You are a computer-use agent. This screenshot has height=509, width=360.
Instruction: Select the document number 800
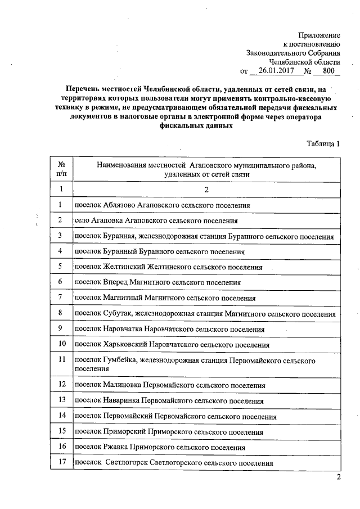[326, 72]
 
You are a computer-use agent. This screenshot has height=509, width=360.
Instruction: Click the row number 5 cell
[60, 267]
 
